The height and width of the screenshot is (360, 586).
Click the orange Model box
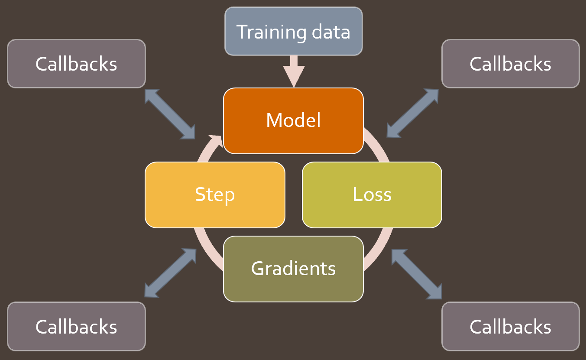click(x=293, y=120)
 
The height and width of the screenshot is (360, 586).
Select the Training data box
click(x=293, y=31)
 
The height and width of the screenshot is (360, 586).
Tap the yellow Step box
click(x=215, y=195)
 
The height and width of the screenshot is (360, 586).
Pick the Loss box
click(x=372, y=195)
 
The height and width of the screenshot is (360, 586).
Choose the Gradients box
click(x=293, y=269)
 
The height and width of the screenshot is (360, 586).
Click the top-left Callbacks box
click(x=76, y=64)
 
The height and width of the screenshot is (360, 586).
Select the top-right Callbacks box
click(x=510, y=64)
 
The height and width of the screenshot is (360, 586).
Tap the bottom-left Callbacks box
click(x=76, y=326)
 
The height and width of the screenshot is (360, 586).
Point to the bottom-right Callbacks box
click(x=510, y=326)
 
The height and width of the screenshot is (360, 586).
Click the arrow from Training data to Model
click(x=294, y=71)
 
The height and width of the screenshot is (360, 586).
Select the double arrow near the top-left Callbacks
click(x=170, y=114)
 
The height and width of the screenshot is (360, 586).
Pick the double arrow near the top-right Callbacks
click(x=412, y=113)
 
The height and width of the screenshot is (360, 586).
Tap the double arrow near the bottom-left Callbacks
click(x=170, y=273)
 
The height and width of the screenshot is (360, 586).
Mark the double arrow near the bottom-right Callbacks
click(x=416, y=274)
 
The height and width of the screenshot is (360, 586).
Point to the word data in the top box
click(x=332, y=32)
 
